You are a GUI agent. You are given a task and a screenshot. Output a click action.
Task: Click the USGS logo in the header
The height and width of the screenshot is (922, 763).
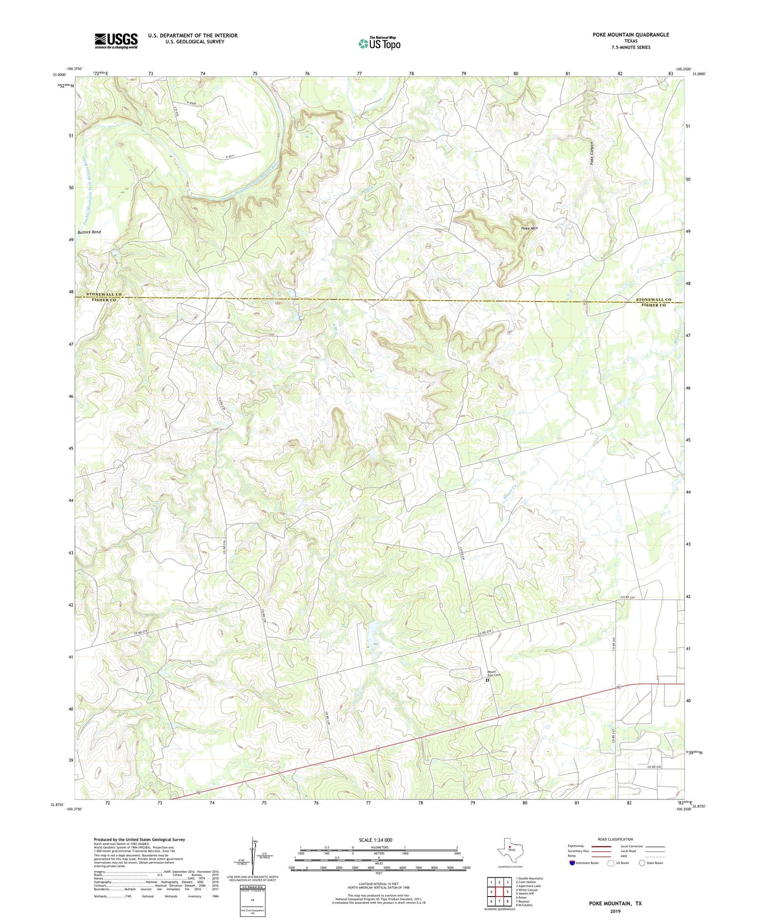(x=116, y=41)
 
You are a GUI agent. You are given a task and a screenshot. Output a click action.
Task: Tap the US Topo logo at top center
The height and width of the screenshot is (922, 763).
(x=379, y=44)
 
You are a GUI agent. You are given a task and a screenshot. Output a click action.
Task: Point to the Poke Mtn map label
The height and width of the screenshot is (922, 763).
(x=529, y=228)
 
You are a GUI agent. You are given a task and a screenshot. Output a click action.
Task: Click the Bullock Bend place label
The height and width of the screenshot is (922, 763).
(x=89, y=232)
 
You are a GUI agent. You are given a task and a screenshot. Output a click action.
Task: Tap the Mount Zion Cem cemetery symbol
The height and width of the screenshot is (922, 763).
(x=487, y=679)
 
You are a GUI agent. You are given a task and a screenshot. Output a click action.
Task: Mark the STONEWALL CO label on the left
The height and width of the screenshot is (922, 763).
(x=104, y=294)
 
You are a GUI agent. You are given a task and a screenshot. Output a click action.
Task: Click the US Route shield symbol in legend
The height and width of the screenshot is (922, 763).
(x=611, y=863)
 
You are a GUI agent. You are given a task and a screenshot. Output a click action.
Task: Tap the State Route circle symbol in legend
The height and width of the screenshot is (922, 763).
(x=642, y=863)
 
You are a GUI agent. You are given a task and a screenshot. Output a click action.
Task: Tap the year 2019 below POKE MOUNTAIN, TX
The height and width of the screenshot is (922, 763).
(x=615, y=911)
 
